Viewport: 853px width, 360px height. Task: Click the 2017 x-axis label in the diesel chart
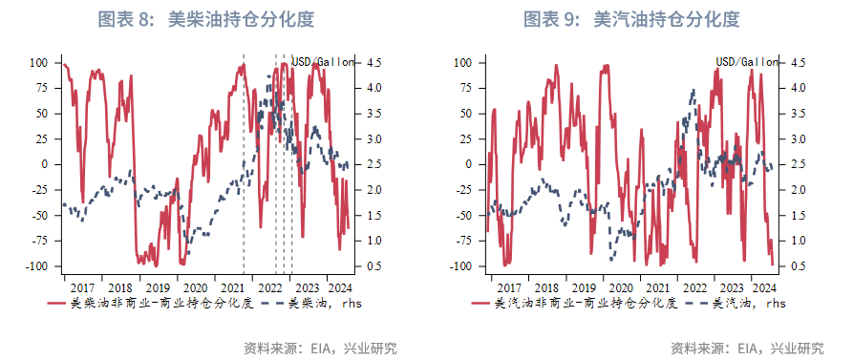click(82, 287)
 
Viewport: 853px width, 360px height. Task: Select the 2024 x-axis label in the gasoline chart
click(763, 287)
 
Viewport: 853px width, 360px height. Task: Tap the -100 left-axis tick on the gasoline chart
click(465, 266)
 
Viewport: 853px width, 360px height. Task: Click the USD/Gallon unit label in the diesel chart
click(323, 62)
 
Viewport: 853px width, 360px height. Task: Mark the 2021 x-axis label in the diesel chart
click(232, 287)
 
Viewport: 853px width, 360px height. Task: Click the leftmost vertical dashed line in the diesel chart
click(244, 162)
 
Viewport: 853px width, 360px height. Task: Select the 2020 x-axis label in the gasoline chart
click(618, 287)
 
